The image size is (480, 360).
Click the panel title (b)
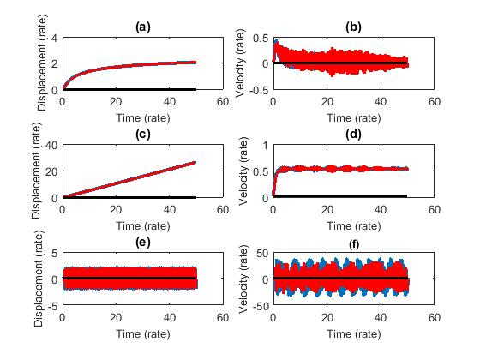pyautogui.click(x=353, y=27)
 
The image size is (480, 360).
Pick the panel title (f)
pyautogui.click(x=353, y=243)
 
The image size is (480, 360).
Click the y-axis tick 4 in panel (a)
pyautogui.click(x=54, y=38)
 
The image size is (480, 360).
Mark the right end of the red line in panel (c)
pyautogui.click(x=195, y=162)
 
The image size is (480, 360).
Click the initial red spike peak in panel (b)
pyautogui.click(x=275, y=40)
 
